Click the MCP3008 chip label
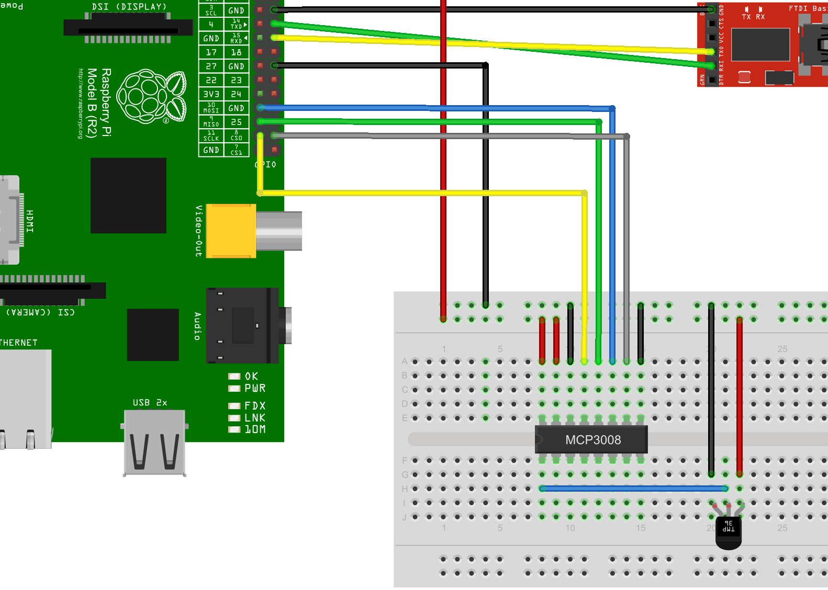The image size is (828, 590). pos(592,440)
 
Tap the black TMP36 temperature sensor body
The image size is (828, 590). pos(728,531)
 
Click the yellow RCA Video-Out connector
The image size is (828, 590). pos(230,231)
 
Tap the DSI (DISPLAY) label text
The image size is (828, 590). pos(129,7)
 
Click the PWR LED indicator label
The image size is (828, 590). pos(255,388)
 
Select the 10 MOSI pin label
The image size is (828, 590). pos(211,108)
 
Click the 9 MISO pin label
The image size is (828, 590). pos(211,122)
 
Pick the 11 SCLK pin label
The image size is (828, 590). pos(211,136)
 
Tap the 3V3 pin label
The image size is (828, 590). pos(211,94)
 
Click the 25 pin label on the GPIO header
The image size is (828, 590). pos(237,122)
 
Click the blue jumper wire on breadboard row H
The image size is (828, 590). pos(633,489)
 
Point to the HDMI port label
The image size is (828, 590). pos(30,221)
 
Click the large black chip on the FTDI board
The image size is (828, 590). pos(760,44)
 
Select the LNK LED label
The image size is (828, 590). pos(255,417)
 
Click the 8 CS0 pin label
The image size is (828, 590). pos(237,136)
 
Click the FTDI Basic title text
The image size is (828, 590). pos(808,8)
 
